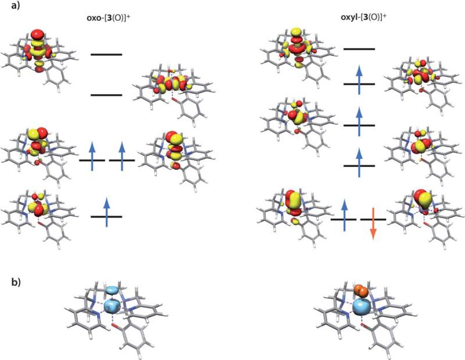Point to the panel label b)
tap(15, 283)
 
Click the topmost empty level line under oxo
tap(106, 55)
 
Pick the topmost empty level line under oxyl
tap(359, 49)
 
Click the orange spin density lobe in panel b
tap(362, 291)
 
